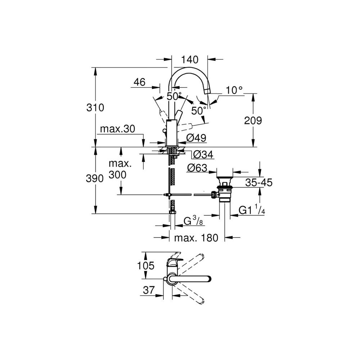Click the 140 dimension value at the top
click(x=190, y=60)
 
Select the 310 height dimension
click(x=95, y=107)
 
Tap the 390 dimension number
click(x=95, y=179)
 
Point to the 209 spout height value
click(x=253, y=121)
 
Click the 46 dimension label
click(x=139, y=82)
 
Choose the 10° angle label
click(x=234, y=90)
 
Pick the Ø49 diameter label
click(x=196, y=138)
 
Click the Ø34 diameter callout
click(x=203, y=154)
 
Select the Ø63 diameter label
click(x=197, y=168)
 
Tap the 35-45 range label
click(x=259, y=183)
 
